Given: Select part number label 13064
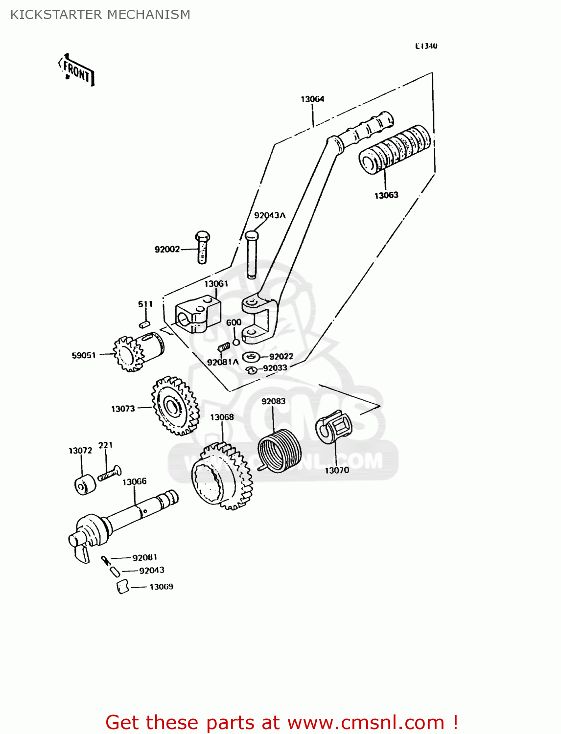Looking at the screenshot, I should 312,99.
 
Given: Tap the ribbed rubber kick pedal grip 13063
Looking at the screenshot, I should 395,149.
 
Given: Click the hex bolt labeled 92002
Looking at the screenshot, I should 202,247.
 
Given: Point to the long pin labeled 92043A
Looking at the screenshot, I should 251,254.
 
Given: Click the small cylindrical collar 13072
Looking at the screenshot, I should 85,484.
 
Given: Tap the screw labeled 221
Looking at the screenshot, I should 109,474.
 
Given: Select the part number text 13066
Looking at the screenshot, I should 134,482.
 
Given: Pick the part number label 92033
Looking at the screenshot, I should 275,368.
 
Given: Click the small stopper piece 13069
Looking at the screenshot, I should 122,587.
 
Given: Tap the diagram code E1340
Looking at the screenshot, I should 426,46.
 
